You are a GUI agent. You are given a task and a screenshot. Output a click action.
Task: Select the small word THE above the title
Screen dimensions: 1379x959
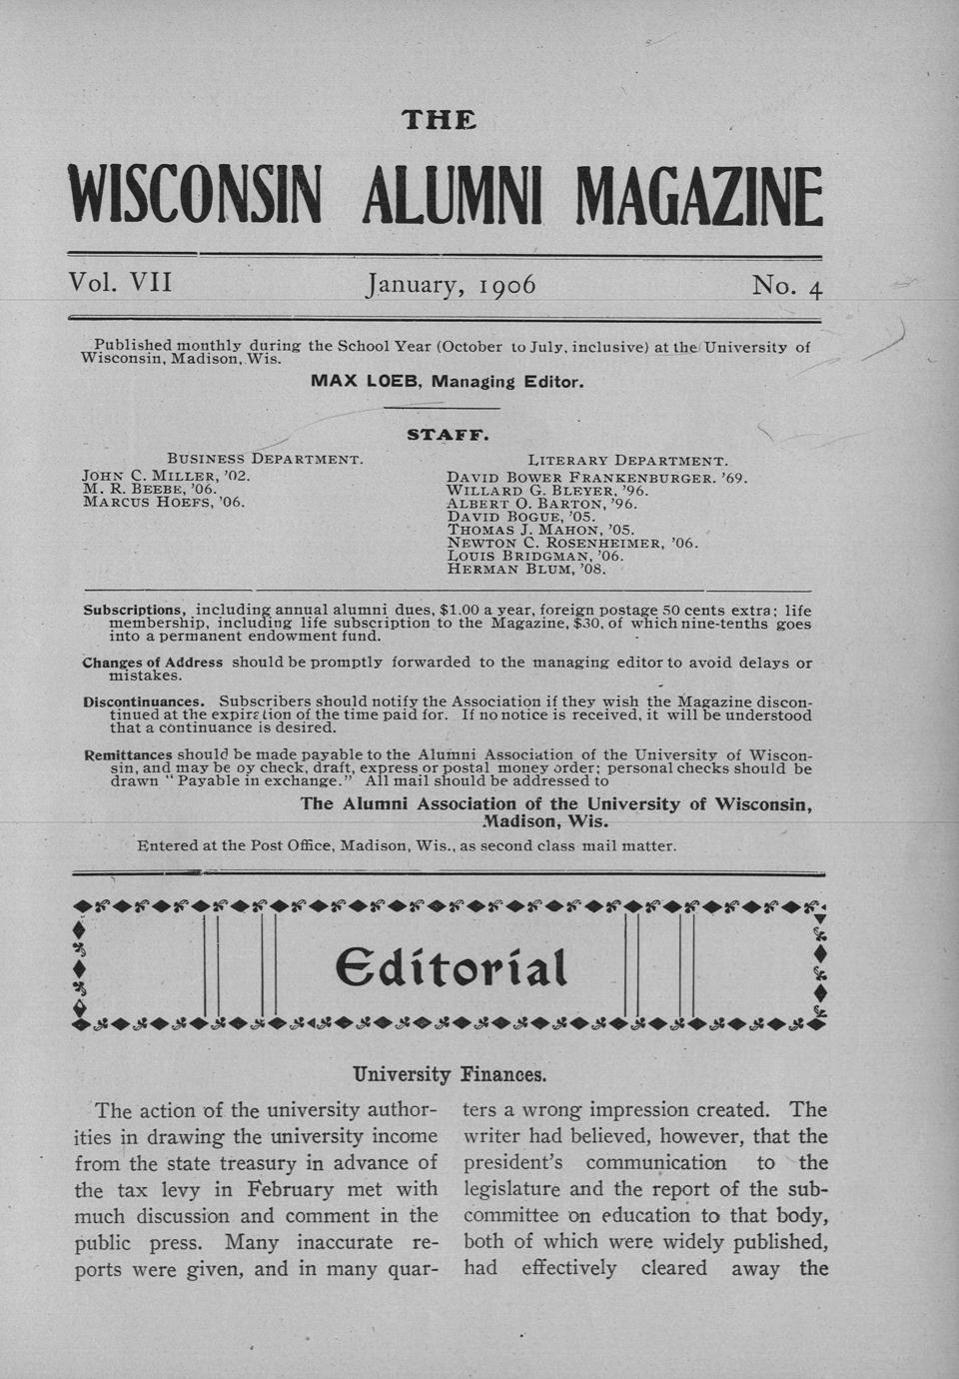(x=439, y=121)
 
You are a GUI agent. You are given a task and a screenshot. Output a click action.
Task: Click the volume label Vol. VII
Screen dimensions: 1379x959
(x=120, y=284)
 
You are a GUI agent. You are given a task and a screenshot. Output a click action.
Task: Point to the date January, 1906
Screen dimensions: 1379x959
(x=452, y=286)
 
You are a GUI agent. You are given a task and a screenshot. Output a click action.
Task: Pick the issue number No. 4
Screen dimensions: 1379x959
(x=787, y=287)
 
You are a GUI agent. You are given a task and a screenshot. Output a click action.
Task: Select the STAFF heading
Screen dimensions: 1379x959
(x=447, y=435)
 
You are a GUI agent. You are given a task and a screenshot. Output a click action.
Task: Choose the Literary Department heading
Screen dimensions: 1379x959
(x=627, y=461)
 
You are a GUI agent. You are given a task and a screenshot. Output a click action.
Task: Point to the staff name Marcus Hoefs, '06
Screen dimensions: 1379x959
(x=163, y=502)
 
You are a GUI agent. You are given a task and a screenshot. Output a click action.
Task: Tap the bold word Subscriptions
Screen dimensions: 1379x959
(x=134, y=609)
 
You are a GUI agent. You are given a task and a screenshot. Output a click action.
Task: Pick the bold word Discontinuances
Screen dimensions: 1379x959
(x=144, y=700)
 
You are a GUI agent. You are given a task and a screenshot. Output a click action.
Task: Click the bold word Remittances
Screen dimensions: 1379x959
(x=128, y=753)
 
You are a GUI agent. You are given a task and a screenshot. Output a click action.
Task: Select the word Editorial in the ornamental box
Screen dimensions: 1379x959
(x=451, y=967)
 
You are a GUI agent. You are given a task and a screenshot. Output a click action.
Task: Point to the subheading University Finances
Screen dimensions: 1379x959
(x=450, y=1075)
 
